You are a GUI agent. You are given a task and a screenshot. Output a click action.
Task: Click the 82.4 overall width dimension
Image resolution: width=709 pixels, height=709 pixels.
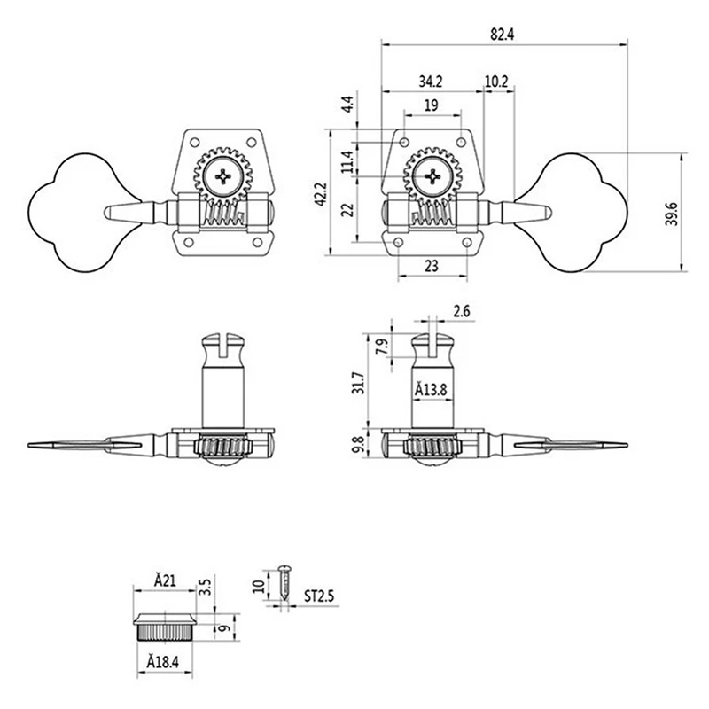pyautogui.click(x=502, y=35)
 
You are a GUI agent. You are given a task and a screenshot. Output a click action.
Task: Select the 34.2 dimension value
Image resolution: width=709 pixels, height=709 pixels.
pyautogui.click(x=430, y=82)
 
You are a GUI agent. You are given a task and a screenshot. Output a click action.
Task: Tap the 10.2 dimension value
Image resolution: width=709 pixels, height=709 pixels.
pyautogui.click(x=496, y=82)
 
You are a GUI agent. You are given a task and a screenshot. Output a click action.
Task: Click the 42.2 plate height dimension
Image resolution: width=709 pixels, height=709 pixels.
pyautogui.click(x=321, y=194)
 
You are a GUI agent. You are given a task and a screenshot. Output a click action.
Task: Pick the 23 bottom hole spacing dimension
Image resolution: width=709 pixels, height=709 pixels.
pyautogui.click(x=432, y=266)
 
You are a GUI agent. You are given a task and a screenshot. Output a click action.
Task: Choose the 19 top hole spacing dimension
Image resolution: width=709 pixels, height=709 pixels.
pyautogui.click(x=432, y=105)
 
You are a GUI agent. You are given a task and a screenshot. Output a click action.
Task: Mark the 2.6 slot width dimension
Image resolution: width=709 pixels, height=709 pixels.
pyautogui.click(x=462, y=311)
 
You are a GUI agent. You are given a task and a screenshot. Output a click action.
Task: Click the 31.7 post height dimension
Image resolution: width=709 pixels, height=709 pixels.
pyautogui.click(x=359, y=384)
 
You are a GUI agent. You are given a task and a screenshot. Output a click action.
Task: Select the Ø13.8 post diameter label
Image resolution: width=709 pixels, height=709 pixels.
pyautogui.click(x=432, y=389)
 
